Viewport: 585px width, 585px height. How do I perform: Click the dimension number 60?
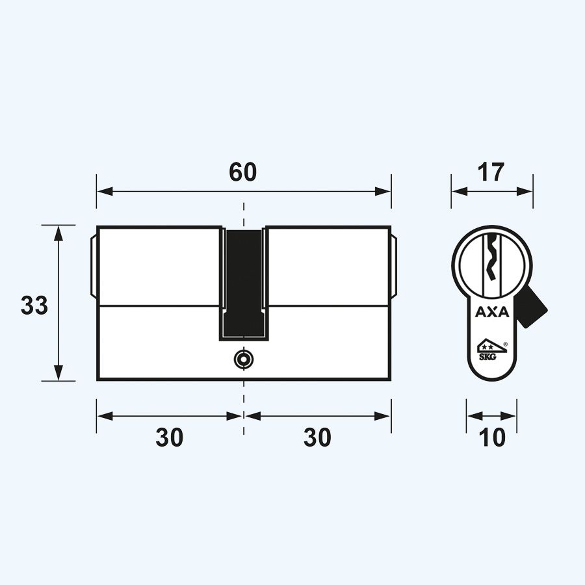click(x=243, y=172)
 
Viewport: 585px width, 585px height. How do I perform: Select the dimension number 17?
click(x=491, y=172)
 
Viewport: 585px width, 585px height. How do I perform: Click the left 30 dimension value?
click(x=169, y=437)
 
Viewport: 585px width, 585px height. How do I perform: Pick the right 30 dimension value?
click(x=317, y=437)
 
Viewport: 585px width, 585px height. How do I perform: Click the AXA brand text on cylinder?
click(x=492, y=313)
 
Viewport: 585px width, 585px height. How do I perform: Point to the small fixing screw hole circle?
click(x=244, y=358)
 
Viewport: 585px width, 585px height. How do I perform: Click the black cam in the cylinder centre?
click(x=244, y=279)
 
